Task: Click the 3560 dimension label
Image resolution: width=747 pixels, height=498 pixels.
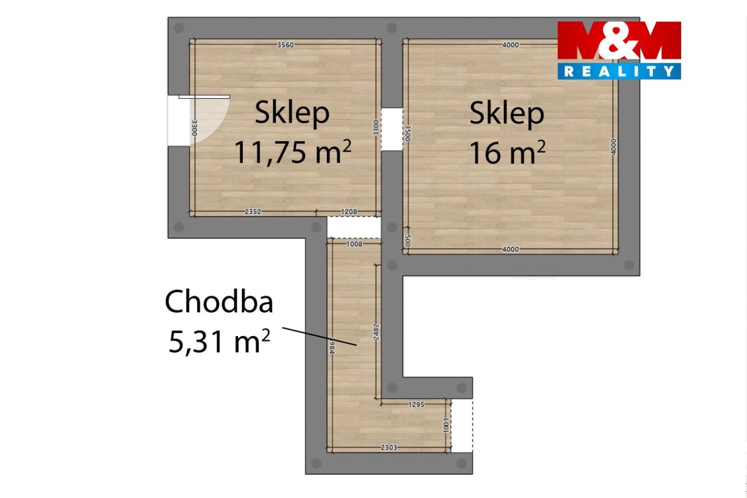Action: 285,45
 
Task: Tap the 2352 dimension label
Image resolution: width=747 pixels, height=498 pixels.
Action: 253,211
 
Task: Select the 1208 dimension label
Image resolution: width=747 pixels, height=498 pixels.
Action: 349,211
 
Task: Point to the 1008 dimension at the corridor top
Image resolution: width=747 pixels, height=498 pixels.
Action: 354,244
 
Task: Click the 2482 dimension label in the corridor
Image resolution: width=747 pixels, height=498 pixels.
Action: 376,332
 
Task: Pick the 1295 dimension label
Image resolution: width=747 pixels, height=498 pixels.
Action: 416,404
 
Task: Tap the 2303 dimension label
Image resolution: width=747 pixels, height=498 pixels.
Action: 389,447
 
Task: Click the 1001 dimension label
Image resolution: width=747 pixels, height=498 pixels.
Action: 446,426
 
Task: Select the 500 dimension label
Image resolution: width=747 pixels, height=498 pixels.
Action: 407,241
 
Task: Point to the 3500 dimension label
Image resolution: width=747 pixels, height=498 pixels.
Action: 407,133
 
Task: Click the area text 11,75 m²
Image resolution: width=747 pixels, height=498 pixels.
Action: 293,152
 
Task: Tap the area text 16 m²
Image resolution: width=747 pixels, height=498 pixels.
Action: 507,152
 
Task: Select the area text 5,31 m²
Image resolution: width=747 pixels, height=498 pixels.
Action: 219,341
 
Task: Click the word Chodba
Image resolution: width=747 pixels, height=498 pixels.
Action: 219,302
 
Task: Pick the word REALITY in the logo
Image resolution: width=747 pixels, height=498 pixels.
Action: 619,71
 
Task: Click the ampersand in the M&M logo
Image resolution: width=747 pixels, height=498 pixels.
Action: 619,42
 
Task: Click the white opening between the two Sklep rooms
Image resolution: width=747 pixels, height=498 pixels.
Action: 392,129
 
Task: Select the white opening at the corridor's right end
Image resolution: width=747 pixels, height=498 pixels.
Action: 462,426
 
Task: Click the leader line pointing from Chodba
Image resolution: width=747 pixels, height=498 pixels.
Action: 320,337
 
